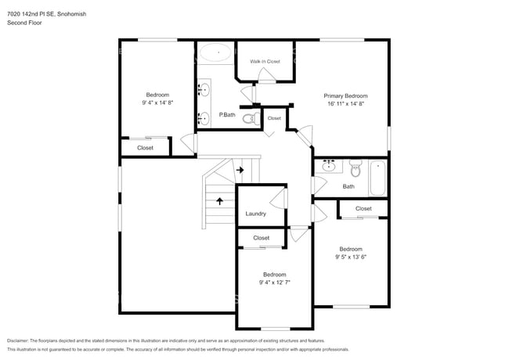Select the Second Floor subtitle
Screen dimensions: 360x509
point(24,23)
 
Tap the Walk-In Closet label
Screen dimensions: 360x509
point(265,61)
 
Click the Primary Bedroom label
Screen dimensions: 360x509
point(345,95)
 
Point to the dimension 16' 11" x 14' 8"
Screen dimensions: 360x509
point(345,103)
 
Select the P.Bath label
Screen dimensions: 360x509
point(227,116)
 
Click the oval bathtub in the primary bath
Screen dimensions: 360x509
point(215,53)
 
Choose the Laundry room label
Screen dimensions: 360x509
point(255,214)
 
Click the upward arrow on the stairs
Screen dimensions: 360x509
point(219,200)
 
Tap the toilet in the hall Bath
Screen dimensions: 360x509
point(355,167)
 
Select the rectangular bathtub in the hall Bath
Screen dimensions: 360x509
point(377,178)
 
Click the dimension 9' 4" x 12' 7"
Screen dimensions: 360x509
point(274,283)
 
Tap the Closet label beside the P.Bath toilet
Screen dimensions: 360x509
point(274,118)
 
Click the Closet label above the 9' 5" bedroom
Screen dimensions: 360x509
point(363,209)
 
